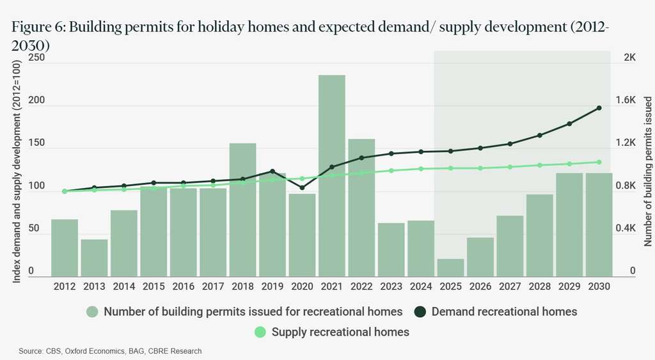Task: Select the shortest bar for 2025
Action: coord(450,267)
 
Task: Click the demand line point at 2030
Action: coord(599,108)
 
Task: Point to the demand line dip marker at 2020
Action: coord(302,188)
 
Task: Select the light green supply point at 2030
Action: coord(599,162)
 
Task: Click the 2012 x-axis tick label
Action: coord(64,287)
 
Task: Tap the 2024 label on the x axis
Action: coord(420,287)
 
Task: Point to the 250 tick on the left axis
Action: coord(36,58)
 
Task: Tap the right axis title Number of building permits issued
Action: coord(647,171)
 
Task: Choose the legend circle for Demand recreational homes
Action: coord(421,312)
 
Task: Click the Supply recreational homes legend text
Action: coord(340,332)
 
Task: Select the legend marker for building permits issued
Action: coord(93,312)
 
